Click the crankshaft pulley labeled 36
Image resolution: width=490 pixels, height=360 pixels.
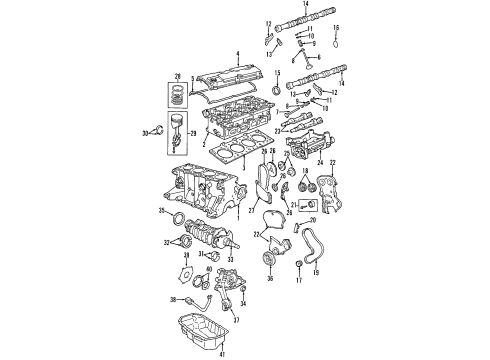point(267,261)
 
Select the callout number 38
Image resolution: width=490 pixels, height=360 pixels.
point(173,299)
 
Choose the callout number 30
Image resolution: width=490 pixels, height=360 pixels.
point(145,132)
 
